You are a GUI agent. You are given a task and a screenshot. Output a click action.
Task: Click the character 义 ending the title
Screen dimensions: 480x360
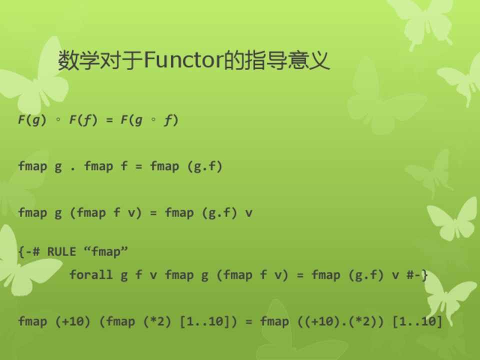tap(319, 60)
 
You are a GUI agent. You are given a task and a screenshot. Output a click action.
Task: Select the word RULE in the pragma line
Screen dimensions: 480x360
tap(61, 251)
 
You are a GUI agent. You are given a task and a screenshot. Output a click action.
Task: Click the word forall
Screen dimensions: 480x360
tap(91, 274)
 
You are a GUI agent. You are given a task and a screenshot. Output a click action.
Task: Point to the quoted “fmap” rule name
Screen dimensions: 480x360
tap(105, 251)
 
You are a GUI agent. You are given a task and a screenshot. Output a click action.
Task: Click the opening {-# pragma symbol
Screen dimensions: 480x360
tap(29, 251)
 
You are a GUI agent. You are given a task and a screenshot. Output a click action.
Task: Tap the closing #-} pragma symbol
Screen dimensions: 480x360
tap(417, 275)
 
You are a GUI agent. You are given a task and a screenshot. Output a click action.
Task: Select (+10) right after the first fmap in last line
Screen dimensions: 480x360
tap(73, 321)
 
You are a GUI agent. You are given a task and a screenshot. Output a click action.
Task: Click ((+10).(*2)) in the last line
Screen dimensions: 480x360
tap(340, 321)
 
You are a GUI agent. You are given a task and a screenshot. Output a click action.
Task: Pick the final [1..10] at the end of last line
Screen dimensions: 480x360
tap(417, 321)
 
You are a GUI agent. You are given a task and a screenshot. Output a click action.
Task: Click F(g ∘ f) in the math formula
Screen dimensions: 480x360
tap(149, 119)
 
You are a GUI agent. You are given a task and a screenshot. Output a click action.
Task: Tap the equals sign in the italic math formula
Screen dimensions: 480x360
tap(109, 120)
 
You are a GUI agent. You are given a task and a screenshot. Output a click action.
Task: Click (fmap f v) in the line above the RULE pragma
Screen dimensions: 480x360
tap(106, 213)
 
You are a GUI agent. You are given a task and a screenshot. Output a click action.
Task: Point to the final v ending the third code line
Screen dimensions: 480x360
tap(248, 213)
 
